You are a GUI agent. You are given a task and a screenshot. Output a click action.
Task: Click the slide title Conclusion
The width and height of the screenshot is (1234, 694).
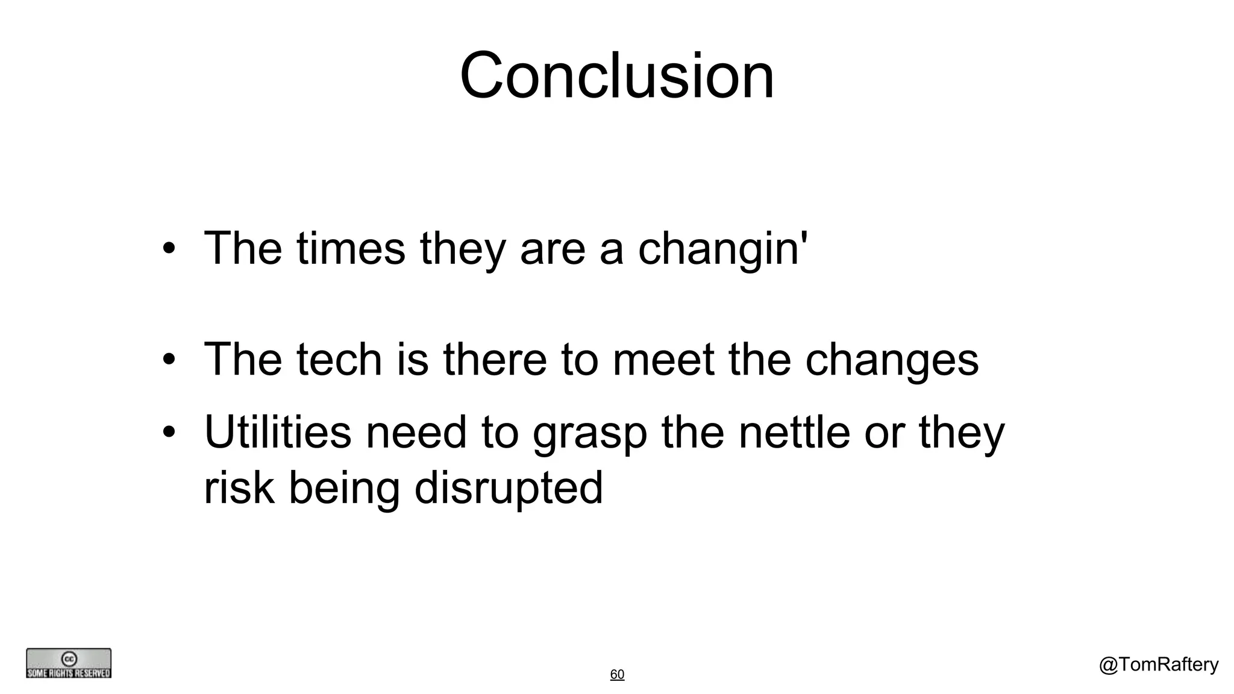[x=616, y=76]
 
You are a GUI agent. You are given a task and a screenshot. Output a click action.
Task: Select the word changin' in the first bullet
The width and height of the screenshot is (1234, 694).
[x=722, y=249]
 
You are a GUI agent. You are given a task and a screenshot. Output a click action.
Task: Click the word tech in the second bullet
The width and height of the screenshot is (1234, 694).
[x=339, y=359]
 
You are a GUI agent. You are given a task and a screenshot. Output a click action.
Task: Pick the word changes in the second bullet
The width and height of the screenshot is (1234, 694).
[x=891, y=360]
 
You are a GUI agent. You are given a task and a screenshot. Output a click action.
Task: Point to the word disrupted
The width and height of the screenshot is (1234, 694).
[x=508, y=488]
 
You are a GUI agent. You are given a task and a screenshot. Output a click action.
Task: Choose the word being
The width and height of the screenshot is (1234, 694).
[x=344, y=488]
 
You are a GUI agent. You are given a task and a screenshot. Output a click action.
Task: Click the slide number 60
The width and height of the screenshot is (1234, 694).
[x=617, y=674]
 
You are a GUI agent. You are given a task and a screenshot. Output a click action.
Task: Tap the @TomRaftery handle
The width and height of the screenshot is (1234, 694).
[x=1158, y=664]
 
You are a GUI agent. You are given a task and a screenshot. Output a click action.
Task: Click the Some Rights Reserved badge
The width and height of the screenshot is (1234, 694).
[x=69, y=663]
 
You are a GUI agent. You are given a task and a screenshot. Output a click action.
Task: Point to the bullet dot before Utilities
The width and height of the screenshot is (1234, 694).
[x=169, y=433]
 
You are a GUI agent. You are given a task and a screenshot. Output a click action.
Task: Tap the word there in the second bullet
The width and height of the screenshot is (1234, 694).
[x=495, y=359]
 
